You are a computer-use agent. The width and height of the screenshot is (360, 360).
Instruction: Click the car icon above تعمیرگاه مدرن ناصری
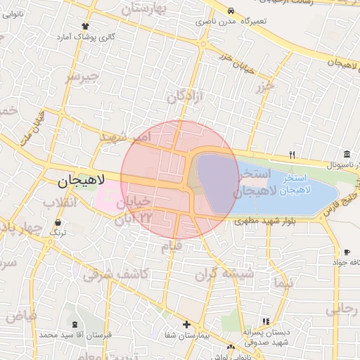point(231,11)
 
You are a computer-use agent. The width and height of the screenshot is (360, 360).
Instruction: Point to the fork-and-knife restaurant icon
point(292,155)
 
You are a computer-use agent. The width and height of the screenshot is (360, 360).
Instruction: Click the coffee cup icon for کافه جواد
point(347,252)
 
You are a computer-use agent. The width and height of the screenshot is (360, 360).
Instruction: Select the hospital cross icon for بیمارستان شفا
point(186,324)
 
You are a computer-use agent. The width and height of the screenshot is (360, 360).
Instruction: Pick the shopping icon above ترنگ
point(58,221)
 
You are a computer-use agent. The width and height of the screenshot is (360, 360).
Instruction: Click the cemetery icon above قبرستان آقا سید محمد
point(75,324)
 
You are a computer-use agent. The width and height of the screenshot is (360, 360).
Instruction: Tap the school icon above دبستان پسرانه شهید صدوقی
point(265,321)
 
